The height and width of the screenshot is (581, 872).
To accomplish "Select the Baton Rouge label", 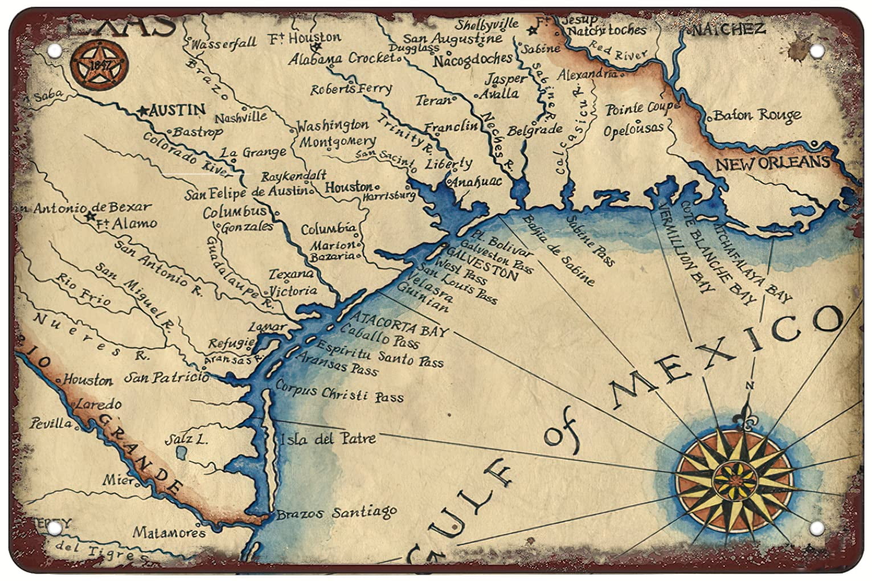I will pyautogui.click(x=756, y=116).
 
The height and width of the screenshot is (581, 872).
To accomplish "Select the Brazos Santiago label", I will pyautogui.click(x=336, y=513).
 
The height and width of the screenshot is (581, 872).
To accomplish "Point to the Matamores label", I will pyautogui.click(x=169, y=533).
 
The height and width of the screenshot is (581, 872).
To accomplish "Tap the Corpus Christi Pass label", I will pyautogui.click(x=339, y=394).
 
